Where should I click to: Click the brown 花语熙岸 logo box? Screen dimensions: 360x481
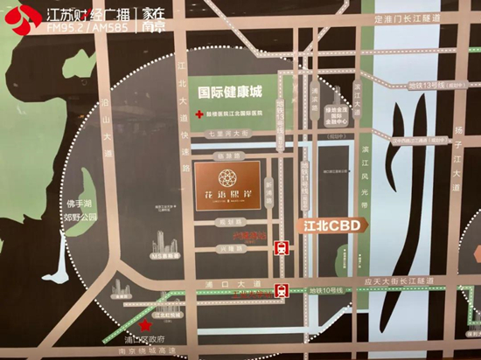click(x=226, y=184)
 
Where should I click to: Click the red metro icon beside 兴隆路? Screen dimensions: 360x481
click(x=282, y=247)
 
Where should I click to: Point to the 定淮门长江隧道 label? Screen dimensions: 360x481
click(x=406, y=41)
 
